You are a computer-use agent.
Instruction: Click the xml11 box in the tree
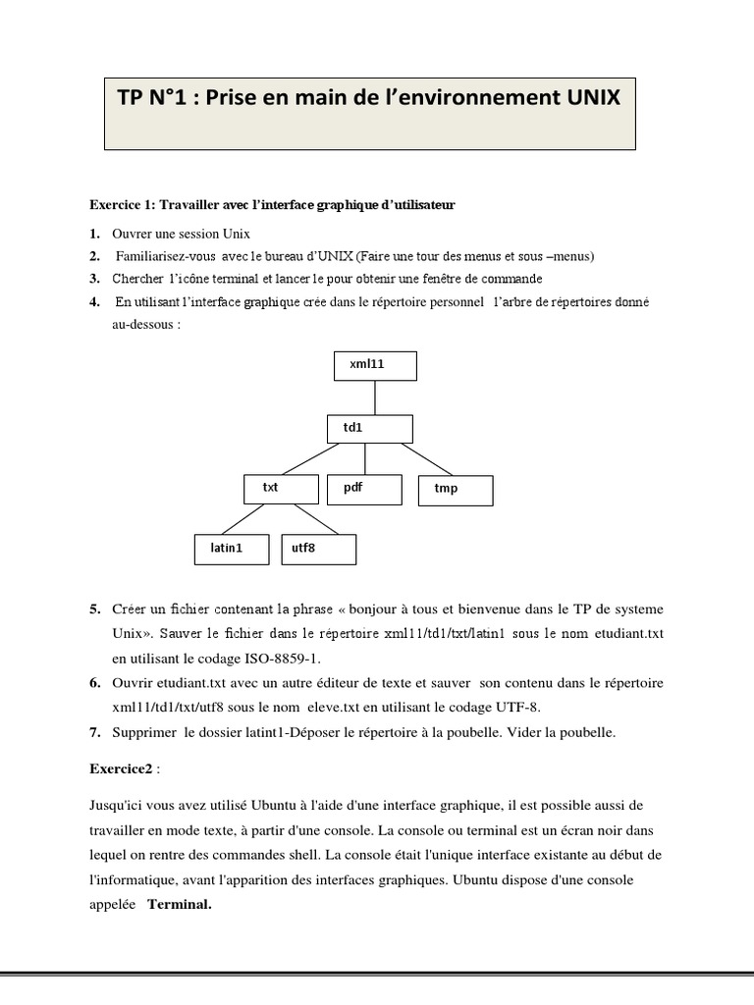coord(375,365)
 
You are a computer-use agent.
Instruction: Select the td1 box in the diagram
coord(369,429)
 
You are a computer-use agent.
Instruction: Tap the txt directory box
coord(281,488)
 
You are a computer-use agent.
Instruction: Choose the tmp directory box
coord(456,489)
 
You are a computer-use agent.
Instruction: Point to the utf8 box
coord(318,549)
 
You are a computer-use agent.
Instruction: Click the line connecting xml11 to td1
coord(375,397)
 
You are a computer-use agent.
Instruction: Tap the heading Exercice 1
coord(123,205)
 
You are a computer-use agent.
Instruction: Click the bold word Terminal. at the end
coord(180,905)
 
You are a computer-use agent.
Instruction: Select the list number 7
coord(94,732)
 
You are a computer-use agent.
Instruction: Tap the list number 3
coord(94,279)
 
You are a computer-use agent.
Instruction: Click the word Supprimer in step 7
coord(143,732)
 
